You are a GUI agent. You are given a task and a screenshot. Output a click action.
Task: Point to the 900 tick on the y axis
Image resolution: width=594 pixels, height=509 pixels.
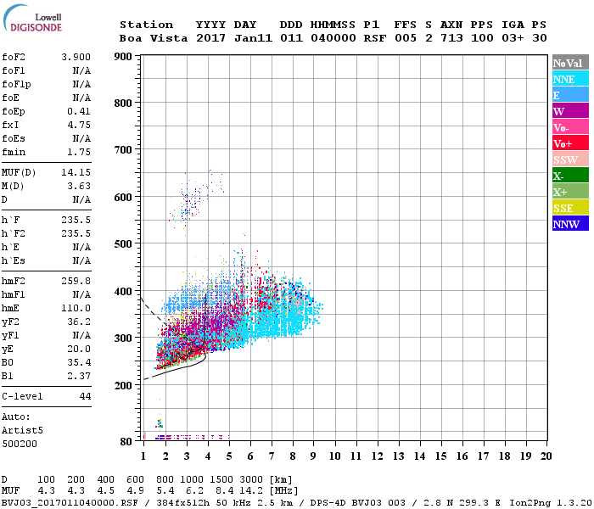[123, 57]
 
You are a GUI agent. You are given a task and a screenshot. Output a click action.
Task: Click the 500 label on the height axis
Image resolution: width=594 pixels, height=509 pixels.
[123, 244]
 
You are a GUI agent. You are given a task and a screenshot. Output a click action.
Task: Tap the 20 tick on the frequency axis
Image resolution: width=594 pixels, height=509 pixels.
[545, 456]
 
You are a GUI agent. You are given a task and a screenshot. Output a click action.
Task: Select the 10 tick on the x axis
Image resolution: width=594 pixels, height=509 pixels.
[335, 456]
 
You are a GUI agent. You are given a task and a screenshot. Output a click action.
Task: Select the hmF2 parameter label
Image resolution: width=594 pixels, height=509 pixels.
[14, 281]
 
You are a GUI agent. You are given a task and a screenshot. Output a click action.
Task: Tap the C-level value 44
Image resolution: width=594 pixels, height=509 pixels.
[85, 396]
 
